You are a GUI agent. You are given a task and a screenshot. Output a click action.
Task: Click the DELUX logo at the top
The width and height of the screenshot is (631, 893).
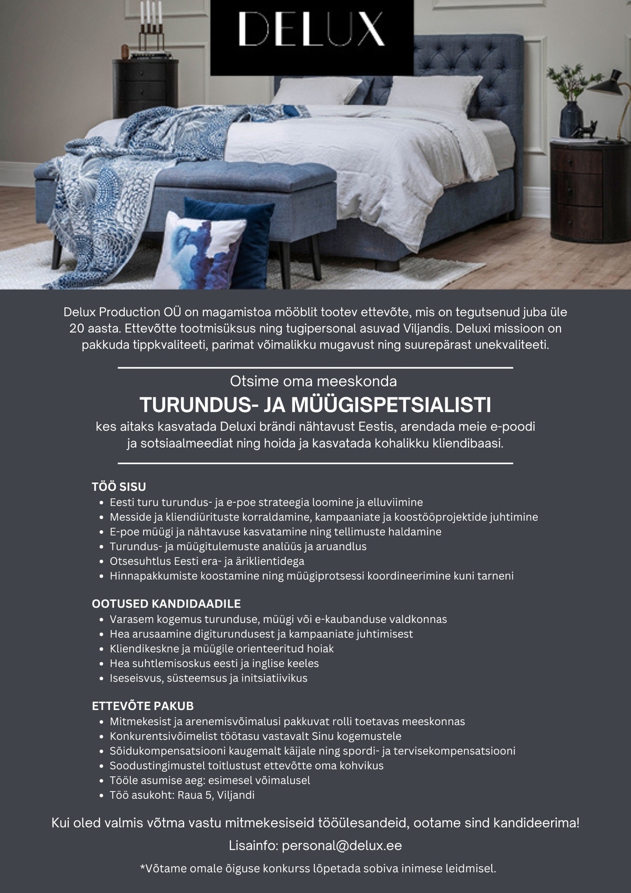click(311, 29)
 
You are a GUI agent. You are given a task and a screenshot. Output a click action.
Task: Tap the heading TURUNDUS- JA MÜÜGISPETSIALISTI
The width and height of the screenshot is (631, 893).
click(315, 405)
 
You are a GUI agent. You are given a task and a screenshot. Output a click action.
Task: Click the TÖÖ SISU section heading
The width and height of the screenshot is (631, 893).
click(119, 486)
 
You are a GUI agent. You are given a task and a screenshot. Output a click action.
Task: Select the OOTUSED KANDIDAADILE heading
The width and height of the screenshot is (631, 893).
click(166, 604)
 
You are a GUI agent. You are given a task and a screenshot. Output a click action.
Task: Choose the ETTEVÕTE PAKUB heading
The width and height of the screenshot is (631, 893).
click(143, 706)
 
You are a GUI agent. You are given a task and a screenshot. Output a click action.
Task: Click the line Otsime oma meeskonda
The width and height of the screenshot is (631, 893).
click(313, 381)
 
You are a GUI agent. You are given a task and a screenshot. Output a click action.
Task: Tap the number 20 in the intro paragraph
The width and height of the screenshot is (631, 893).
click(77, 329)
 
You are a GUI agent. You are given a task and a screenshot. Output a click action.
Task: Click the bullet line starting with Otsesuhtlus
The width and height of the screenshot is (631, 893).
click(207, 561)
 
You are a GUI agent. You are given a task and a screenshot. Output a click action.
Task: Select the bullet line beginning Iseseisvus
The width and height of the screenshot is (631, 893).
click(208, 678)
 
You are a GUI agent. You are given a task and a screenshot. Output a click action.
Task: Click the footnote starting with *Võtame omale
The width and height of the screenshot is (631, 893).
click(318, 869)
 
